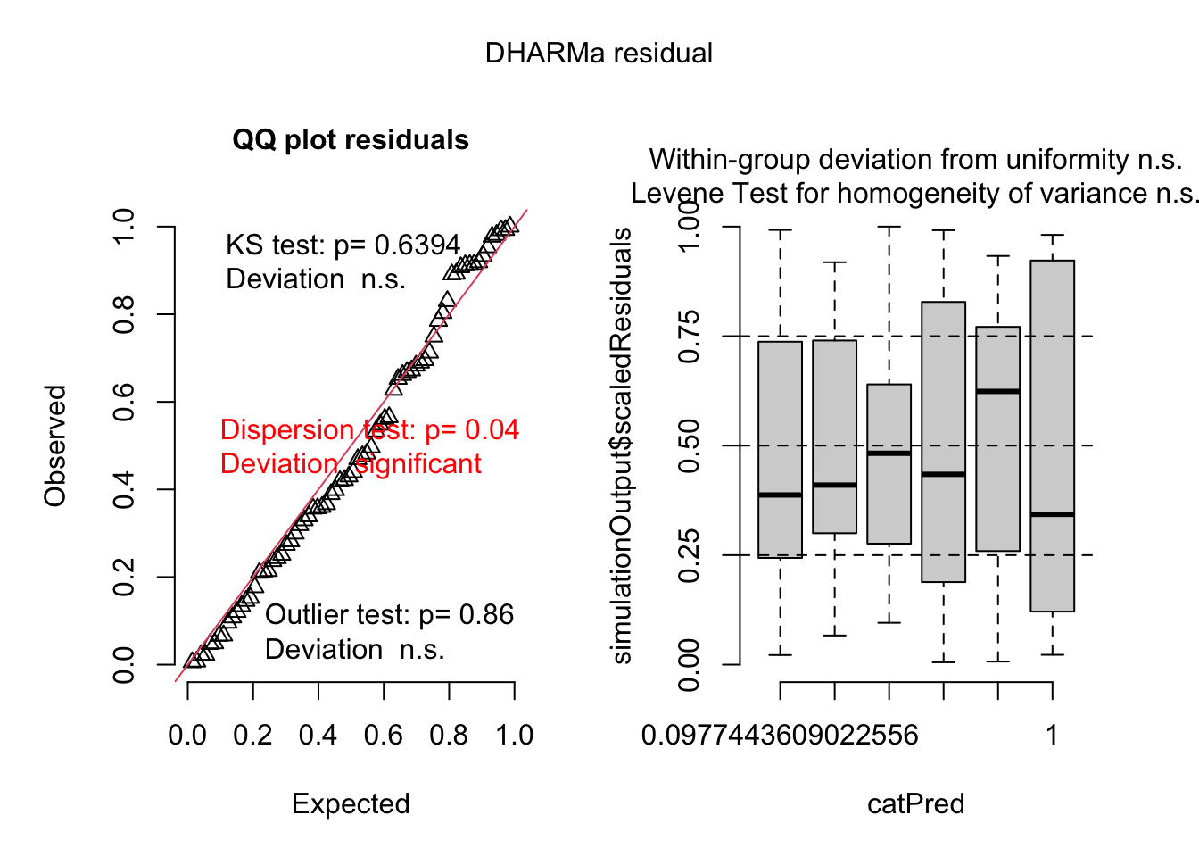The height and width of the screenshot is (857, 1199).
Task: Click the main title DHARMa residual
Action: pyautogui.click(x=599, y=54)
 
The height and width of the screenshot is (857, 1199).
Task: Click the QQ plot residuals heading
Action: pyautogui.click(x=351, y=140)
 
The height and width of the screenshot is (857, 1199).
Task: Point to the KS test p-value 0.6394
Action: pyautogui.click(x=418, y=245)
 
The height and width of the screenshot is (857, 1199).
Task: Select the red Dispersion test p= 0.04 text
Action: pyautogui.click(x=369, y=430)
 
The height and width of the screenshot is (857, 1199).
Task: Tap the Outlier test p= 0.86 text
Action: pyautogui.click(x=389, y=615)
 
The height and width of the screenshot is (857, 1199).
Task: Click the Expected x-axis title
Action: pyautogui.click(x=351, y=803)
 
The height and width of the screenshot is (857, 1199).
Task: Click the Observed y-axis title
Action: pyautogui.click(x=55, y=445)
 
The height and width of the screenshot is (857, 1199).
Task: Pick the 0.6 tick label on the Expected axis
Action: pyautogui.click(x=384, y=736)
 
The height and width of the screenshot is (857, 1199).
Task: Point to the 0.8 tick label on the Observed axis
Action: pyautogui.click(x=124, y=314)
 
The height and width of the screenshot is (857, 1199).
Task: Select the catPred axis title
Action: pyautogui.click(x=916, y=803)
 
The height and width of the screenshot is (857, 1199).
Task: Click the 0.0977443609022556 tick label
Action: pyautogui.click(x=780, y=736)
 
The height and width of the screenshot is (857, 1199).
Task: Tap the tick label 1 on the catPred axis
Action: pyautogui.click(x=1053, y=736)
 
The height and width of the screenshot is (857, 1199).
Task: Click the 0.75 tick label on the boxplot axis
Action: pyautogui.click(x=689, y=337)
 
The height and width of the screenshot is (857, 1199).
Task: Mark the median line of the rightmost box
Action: pyautogui.click(x=1053, y=514)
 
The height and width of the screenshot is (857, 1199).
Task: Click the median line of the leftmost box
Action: pyautogui.click(x=781, y=495)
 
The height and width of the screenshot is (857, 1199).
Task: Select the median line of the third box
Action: pyautogui.click(x=889, y=453)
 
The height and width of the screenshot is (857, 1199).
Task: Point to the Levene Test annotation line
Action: pyautogui.click(x=914, y=194)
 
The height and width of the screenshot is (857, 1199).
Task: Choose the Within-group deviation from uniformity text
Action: pyautogui.click(x=915, y=160)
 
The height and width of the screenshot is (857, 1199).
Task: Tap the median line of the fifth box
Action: pyautogui.click(x=998, y=391)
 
